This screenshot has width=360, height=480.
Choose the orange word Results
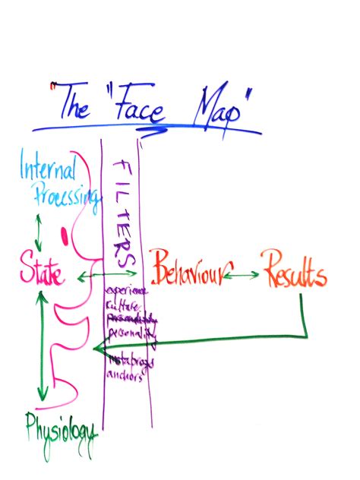point(295,274)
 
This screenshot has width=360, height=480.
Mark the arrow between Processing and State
point(36,227)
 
